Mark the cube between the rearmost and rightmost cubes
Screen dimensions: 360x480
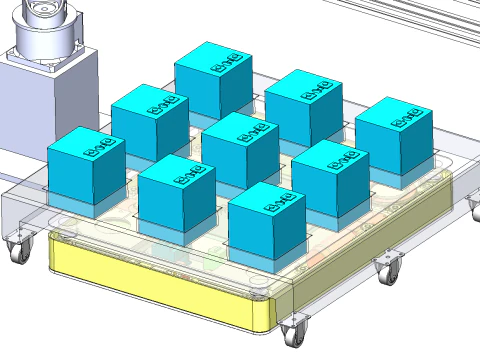[x=303, y=107]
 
